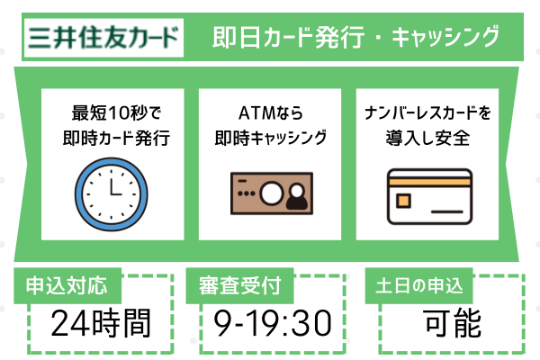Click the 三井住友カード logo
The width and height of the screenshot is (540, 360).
pyautogui.click(x=101, y=38)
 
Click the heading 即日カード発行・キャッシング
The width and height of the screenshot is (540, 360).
pyautogui.click(x=356, y=38)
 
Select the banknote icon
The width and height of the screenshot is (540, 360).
pyautogui.click(x=270, y=192)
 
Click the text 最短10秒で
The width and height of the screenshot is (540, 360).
pyautogui.click(x=112, y=114)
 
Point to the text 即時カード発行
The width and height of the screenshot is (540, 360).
pyautogui.click(x=112, y=139)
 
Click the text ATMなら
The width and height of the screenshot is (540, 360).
pyautogui.click(x=270, y=114)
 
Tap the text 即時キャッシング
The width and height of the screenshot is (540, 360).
pyautogui.click(x=270, y=139)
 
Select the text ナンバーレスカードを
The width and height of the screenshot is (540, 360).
pyautogui.click(x=428, y=114)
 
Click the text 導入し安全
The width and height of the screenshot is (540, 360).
pyautogui.click(x=428, y=139)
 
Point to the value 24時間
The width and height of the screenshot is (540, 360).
pyautogui.click(x=100, y=322)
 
